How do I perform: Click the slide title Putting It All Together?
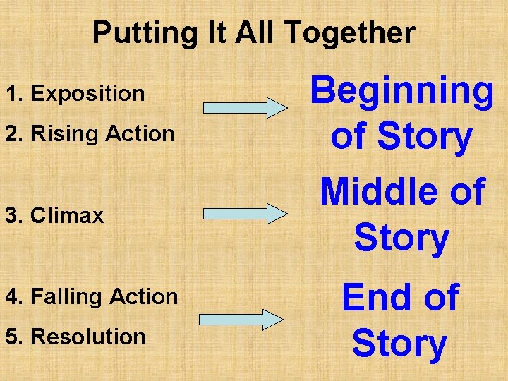tap(253, 33)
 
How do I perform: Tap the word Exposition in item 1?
tap(88, 93)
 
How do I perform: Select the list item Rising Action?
tap(90, 133)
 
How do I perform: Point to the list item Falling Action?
tap(92, 296)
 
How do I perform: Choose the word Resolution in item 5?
tap(88, 337)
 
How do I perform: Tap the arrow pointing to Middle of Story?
tap(242, 212)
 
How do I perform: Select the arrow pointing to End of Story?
tap(242, 319)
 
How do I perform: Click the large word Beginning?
tap(402, 92)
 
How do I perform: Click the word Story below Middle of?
tap(401, 238)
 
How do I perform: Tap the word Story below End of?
tap(399, 344)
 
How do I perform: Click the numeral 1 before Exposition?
tap(11, 93)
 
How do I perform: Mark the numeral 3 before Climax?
tap(11, 215)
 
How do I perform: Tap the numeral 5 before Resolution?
tap(11, 337)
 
